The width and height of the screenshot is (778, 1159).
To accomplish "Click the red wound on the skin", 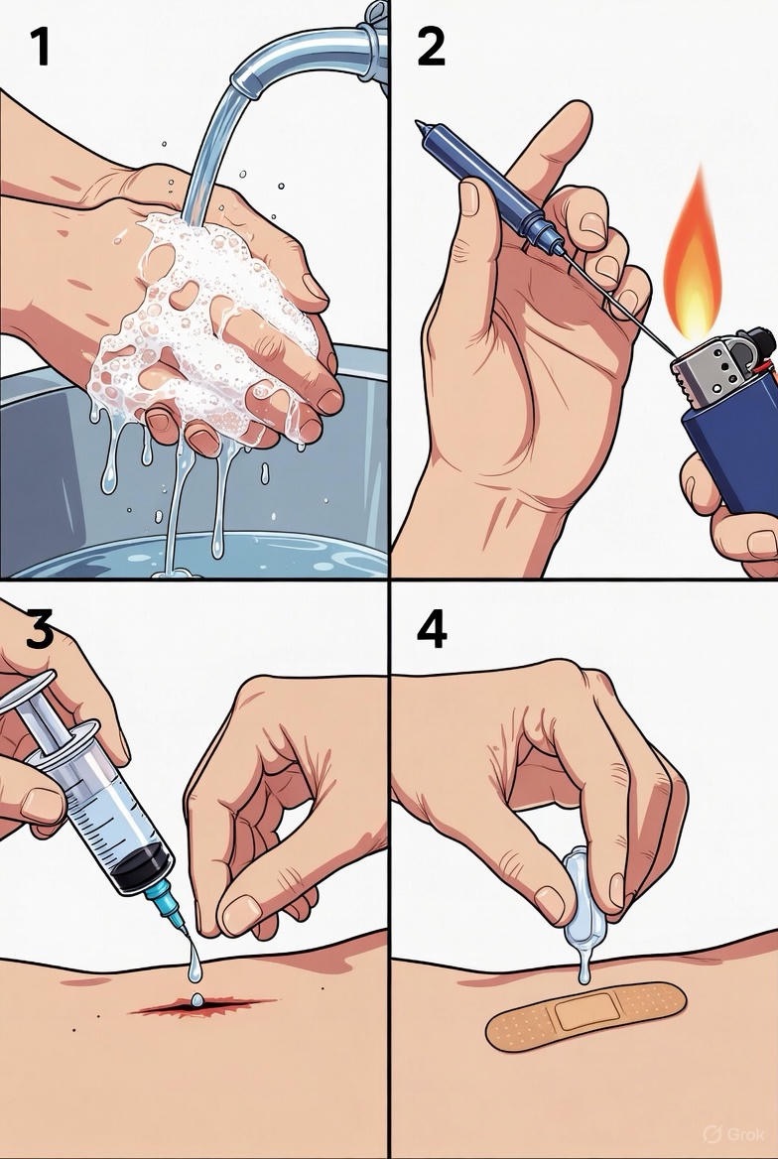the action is pyautogui.click(x=199, y=1005).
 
